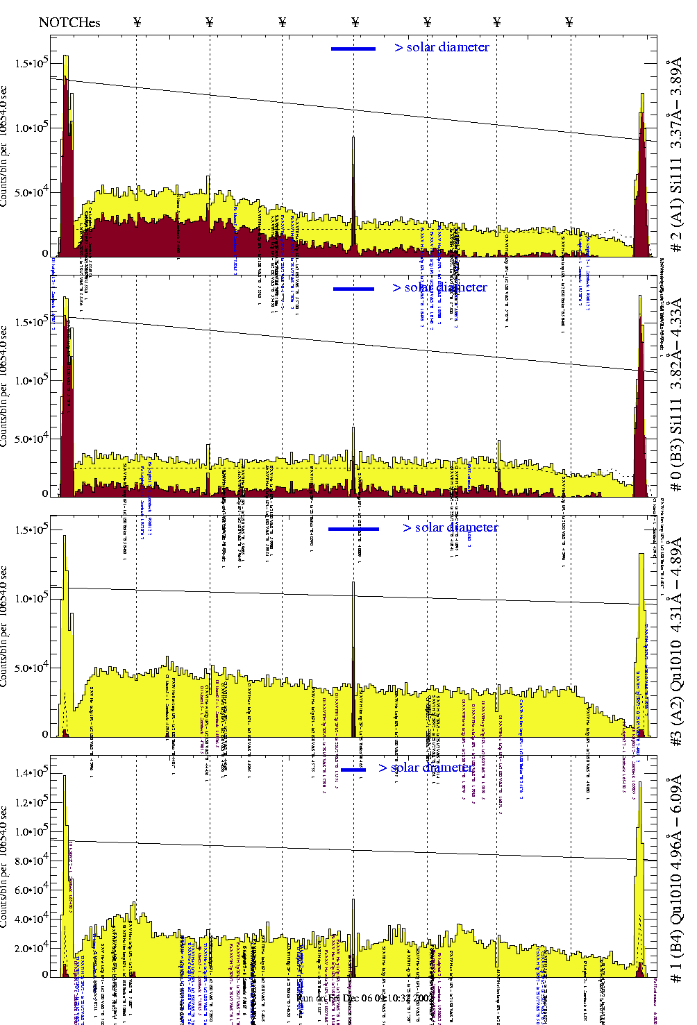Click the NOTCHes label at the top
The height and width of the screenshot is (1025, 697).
click(69, 22)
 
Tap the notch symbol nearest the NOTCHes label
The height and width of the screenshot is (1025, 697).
click(137, 22)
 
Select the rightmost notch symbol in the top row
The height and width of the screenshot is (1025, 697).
click(569, 22)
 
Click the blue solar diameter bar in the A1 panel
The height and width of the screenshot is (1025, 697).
click(353, 49)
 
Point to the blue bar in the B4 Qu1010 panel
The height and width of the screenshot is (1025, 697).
click(353, 769)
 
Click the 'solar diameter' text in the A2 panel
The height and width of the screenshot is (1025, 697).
click(456, 527)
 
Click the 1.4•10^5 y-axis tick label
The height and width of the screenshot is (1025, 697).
click(31, 772)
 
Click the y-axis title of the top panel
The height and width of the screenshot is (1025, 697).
click(5, 146)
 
